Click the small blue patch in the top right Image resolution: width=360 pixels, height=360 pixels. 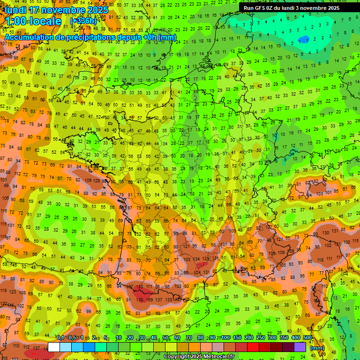[304, 38]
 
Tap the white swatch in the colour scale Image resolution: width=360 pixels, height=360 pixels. [54, 347]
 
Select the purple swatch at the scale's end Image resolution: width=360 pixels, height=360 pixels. [300, 347]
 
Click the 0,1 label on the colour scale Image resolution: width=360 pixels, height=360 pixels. [60, 337]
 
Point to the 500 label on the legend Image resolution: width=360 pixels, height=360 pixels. [307, 337]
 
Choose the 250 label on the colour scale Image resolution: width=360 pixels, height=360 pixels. [261, 337]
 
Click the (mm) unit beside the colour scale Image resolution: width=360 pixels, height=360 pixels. [317, 348]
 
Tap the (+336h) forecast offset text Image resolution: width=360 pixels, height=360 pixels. [83, 21]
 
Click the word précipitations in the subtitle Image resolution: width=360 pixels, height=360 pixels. [92, 37]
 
